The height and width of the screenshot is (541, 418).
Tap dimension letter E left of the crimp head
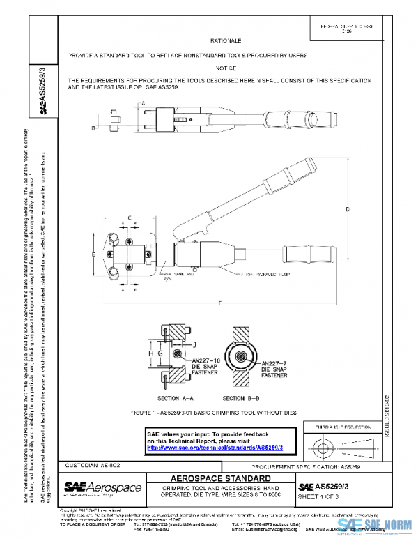click(93, 254)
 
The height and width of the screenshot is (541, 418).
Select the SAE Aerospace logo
click(104, 487)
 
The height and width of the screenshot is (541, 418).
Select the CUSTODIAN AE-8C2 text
click(91, 464)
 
